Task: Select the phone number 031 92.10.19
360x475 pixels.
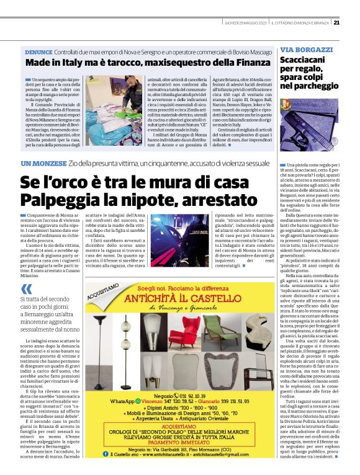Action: pyautogui.click(x=206, y=377)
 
